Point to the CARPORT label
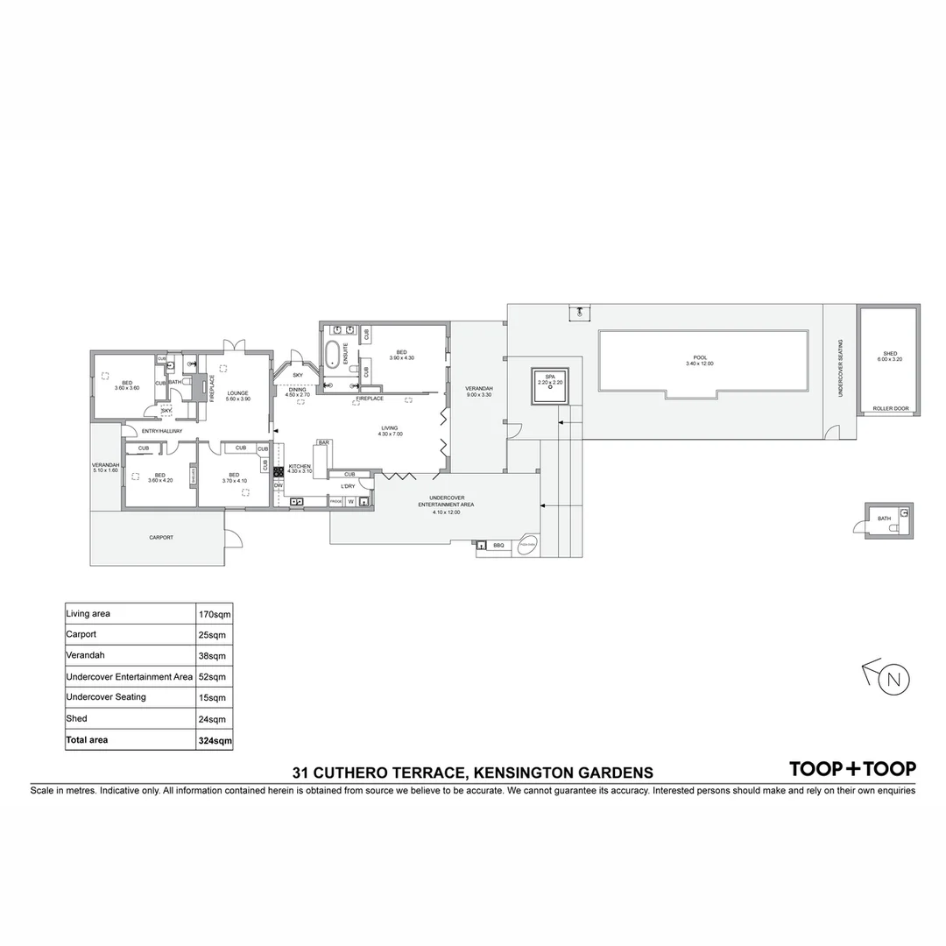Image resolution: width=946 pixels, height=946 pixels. click(x=161, y=537)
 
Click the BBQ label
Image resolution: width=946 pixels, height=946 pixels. click(x=499, y=546)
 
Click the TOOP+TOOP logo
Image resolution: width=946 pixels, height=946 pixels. click(x=852, y=769)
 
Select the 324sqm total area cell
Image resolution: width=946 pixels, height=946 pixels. click(x=215, y=740)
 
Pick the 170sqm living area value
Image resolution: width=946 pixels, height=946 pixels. click(x=215, y=614)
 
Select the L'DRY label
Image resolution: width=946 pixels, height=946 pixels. click(x=348, y=485)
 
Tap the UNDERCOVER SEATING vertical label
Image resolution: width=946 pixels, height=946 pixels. click(x=839, y=368)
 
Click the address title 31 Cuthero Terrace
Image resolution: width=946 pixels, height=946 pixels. click(x=473, y=773)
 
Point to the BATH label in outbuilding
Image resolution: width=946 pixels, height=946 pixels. click(x=884, y=519)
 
